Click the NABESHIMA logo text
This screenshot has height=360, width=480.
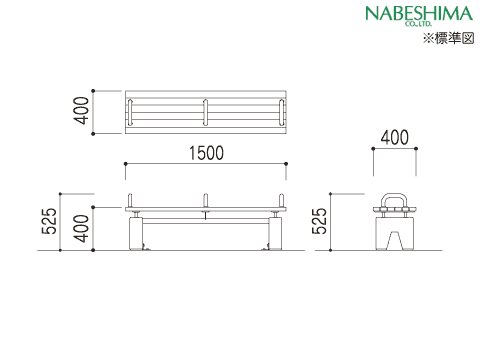419,14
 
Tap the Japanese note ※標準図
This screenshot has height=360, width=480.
449,38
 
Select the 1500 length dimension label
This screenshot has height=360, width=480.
206,153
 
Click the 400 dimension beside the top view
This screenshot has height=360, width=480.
82,111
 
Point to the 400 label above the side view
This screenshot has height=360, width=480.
395,137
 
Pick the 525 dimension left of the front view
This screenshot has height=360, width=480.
49,221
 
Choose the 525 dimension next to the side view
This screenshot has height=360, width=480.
320,221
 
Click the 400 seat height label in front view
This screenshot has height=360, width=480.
82,228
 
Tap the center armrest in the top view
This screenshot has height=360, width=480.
206,112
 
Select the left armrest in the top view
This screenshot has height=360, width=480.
130,112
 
